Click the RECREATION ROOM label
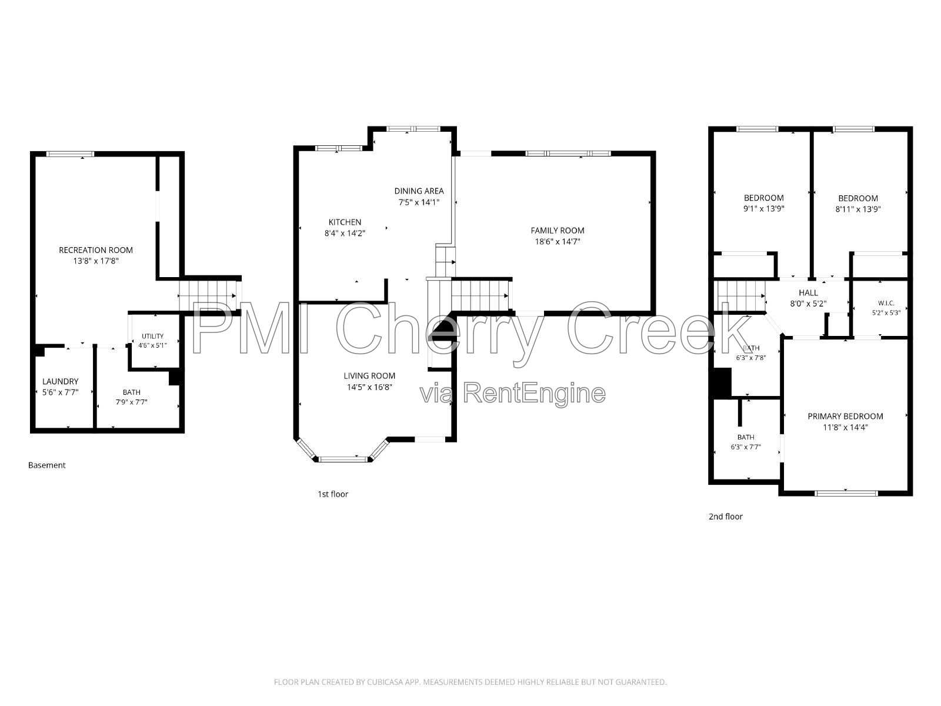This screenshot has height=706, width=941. (96, 250)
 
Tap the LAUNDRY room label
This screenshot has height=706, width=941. (61, 381)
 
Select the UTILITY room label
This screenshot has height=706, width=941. (152, 336)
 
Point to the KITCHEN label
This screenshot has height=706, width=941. (345, 222)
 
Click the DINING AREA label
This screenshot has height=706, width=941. (419, 191)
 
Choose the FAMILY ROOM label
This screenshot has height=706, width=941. (558, 230)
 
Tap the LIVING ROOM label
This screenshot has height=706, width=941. (369, 376)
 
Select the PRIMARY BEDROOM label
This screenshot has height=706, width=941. (845, 416)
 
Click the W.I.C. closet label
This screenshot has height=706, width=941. (886, 303)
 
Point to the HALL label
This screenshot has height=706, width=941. (808, 293)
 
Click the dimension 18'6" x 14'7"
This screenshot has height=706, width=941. (558, 241)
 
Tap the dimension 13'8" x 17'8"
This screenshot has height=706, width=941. (96, 261)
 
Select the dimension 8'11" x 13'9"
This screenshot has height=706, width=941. (858, 209)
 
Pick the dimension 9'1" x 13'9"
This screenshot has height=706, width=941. (763, 209)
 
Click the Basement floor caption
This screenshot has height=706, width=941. (46, 465)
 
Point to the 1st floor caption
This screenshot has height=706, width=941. (333, 494)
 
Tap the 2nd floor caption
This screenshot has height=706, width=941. (725, 517)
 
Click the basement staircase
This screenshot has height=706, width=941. (210, 296)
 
